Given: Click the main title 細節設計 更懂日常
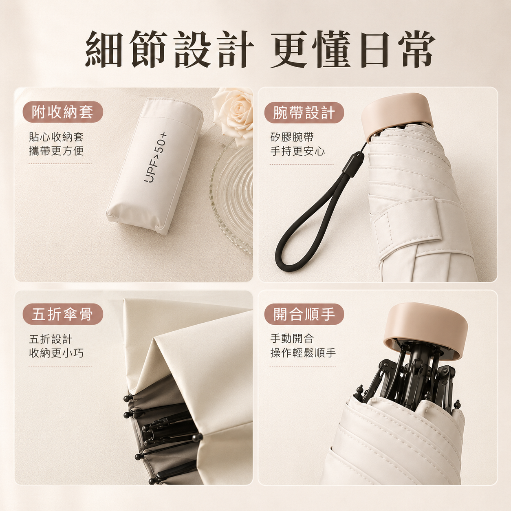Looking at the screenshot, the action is click(x=260, y=49).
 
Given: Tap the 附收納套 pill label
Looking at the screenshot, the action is click(x=63, y=112).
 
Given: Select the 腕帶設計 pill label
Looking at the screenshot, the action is click(x=304, y=112).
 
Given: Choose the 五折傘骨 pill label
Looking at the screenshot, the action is click(x=63, y=314).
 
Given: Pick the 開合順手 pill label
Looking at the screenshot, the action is click(x=304, y=314).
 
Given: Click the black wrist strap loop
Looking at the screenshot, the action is click(x=310, y=223).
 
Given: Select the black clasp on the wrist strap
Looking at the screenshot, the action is click(x=353, y=165).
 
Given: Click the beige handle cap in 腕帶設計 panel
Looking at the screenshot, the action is click(x=397, y=115).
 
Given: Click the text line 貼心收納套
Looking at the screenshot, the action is click(x=56, y=137).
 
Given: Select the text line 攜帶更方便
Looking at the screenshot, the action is click(x=56, y=151).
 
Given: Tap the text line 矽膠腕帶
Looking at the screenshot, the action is click(x=292, y=137).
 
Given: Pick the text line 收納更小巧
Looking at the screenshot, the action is click(x=56, y=353).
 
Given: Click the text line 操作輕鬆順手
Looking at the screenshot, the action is click(x=303, y=353).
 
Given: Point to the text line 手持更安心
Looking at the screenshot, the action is click(x=297, y=151).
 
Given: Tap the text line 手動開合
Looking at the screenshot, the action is click(x=292, y=339).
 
